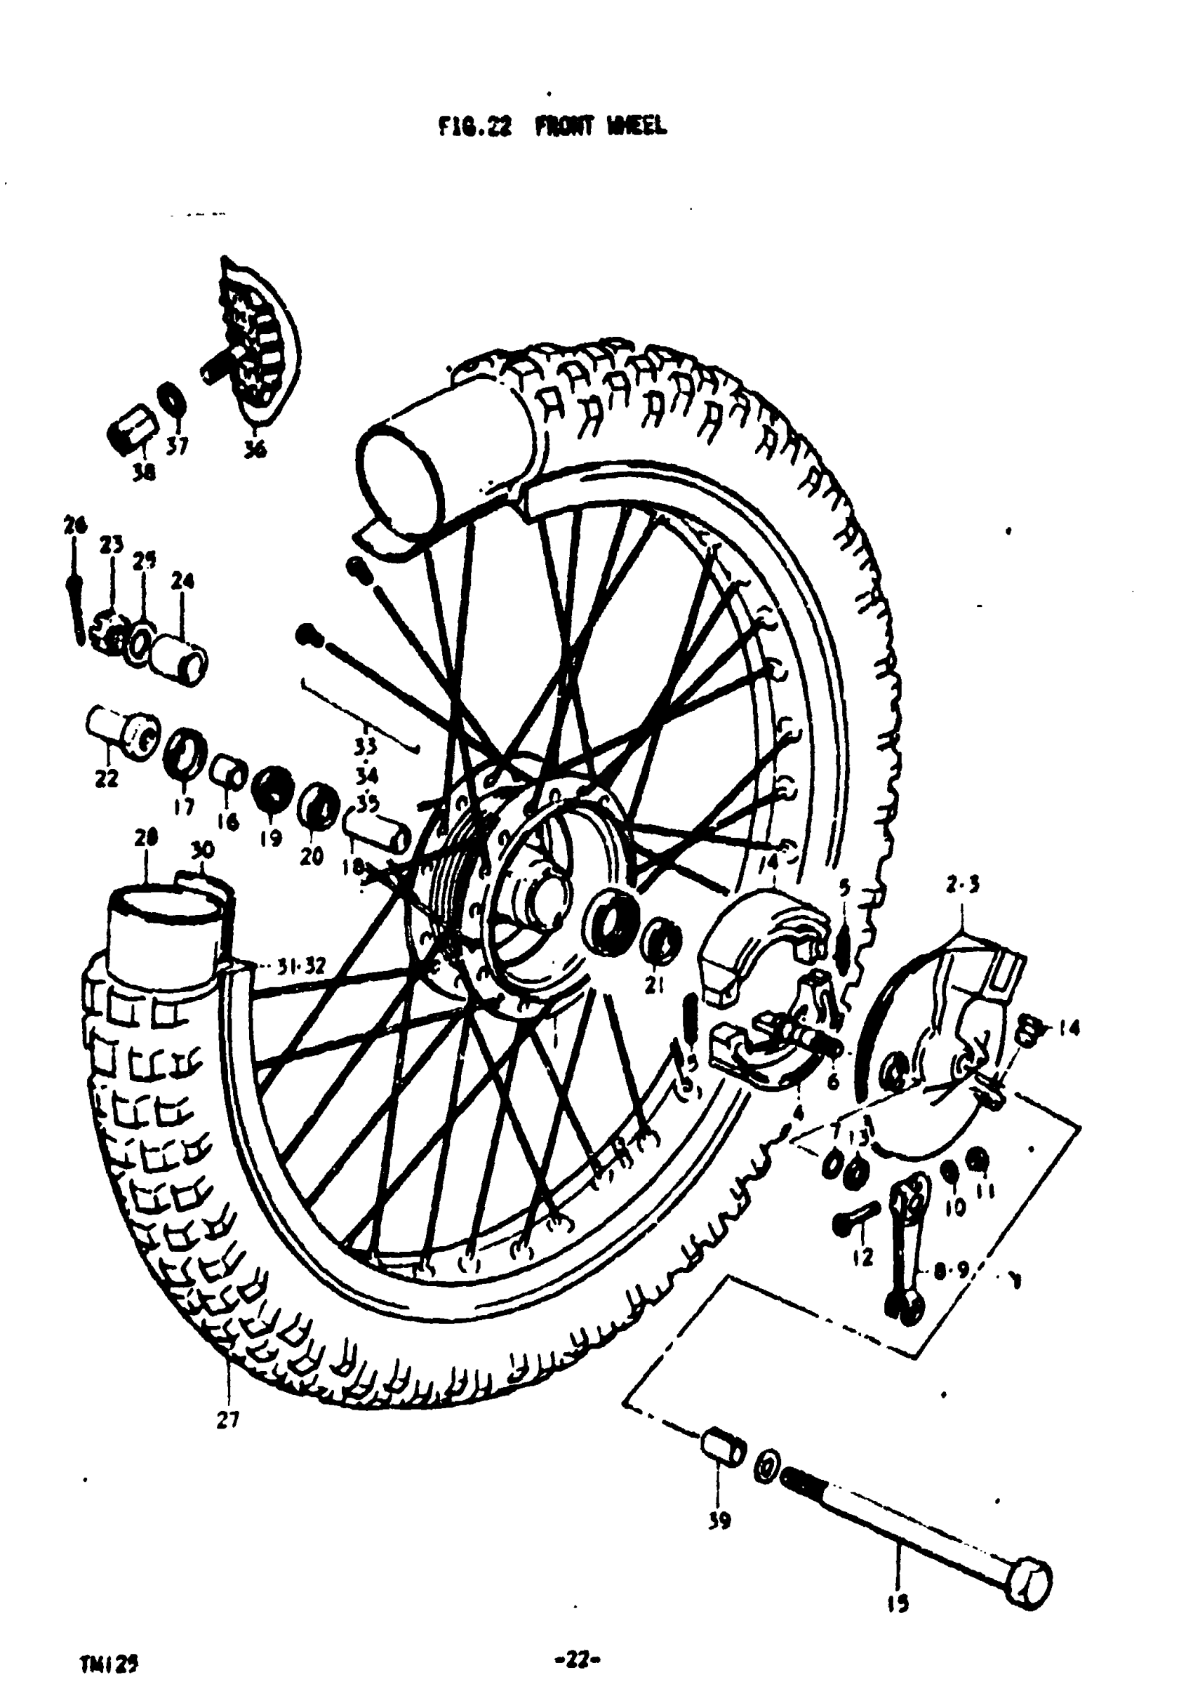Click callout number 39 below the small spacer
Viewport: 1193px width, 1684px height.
(x=719, y=1522)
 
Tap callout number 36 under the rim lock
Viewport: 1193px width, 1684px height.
(x=255, y=450)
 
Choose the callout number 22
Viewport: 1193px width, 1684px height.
(x=107, y=778)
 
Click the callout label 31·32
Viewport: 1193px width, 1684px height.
(x=300, y=966)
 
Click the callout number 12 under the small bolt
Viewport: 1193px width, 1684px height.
(x=864, y=1257)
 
